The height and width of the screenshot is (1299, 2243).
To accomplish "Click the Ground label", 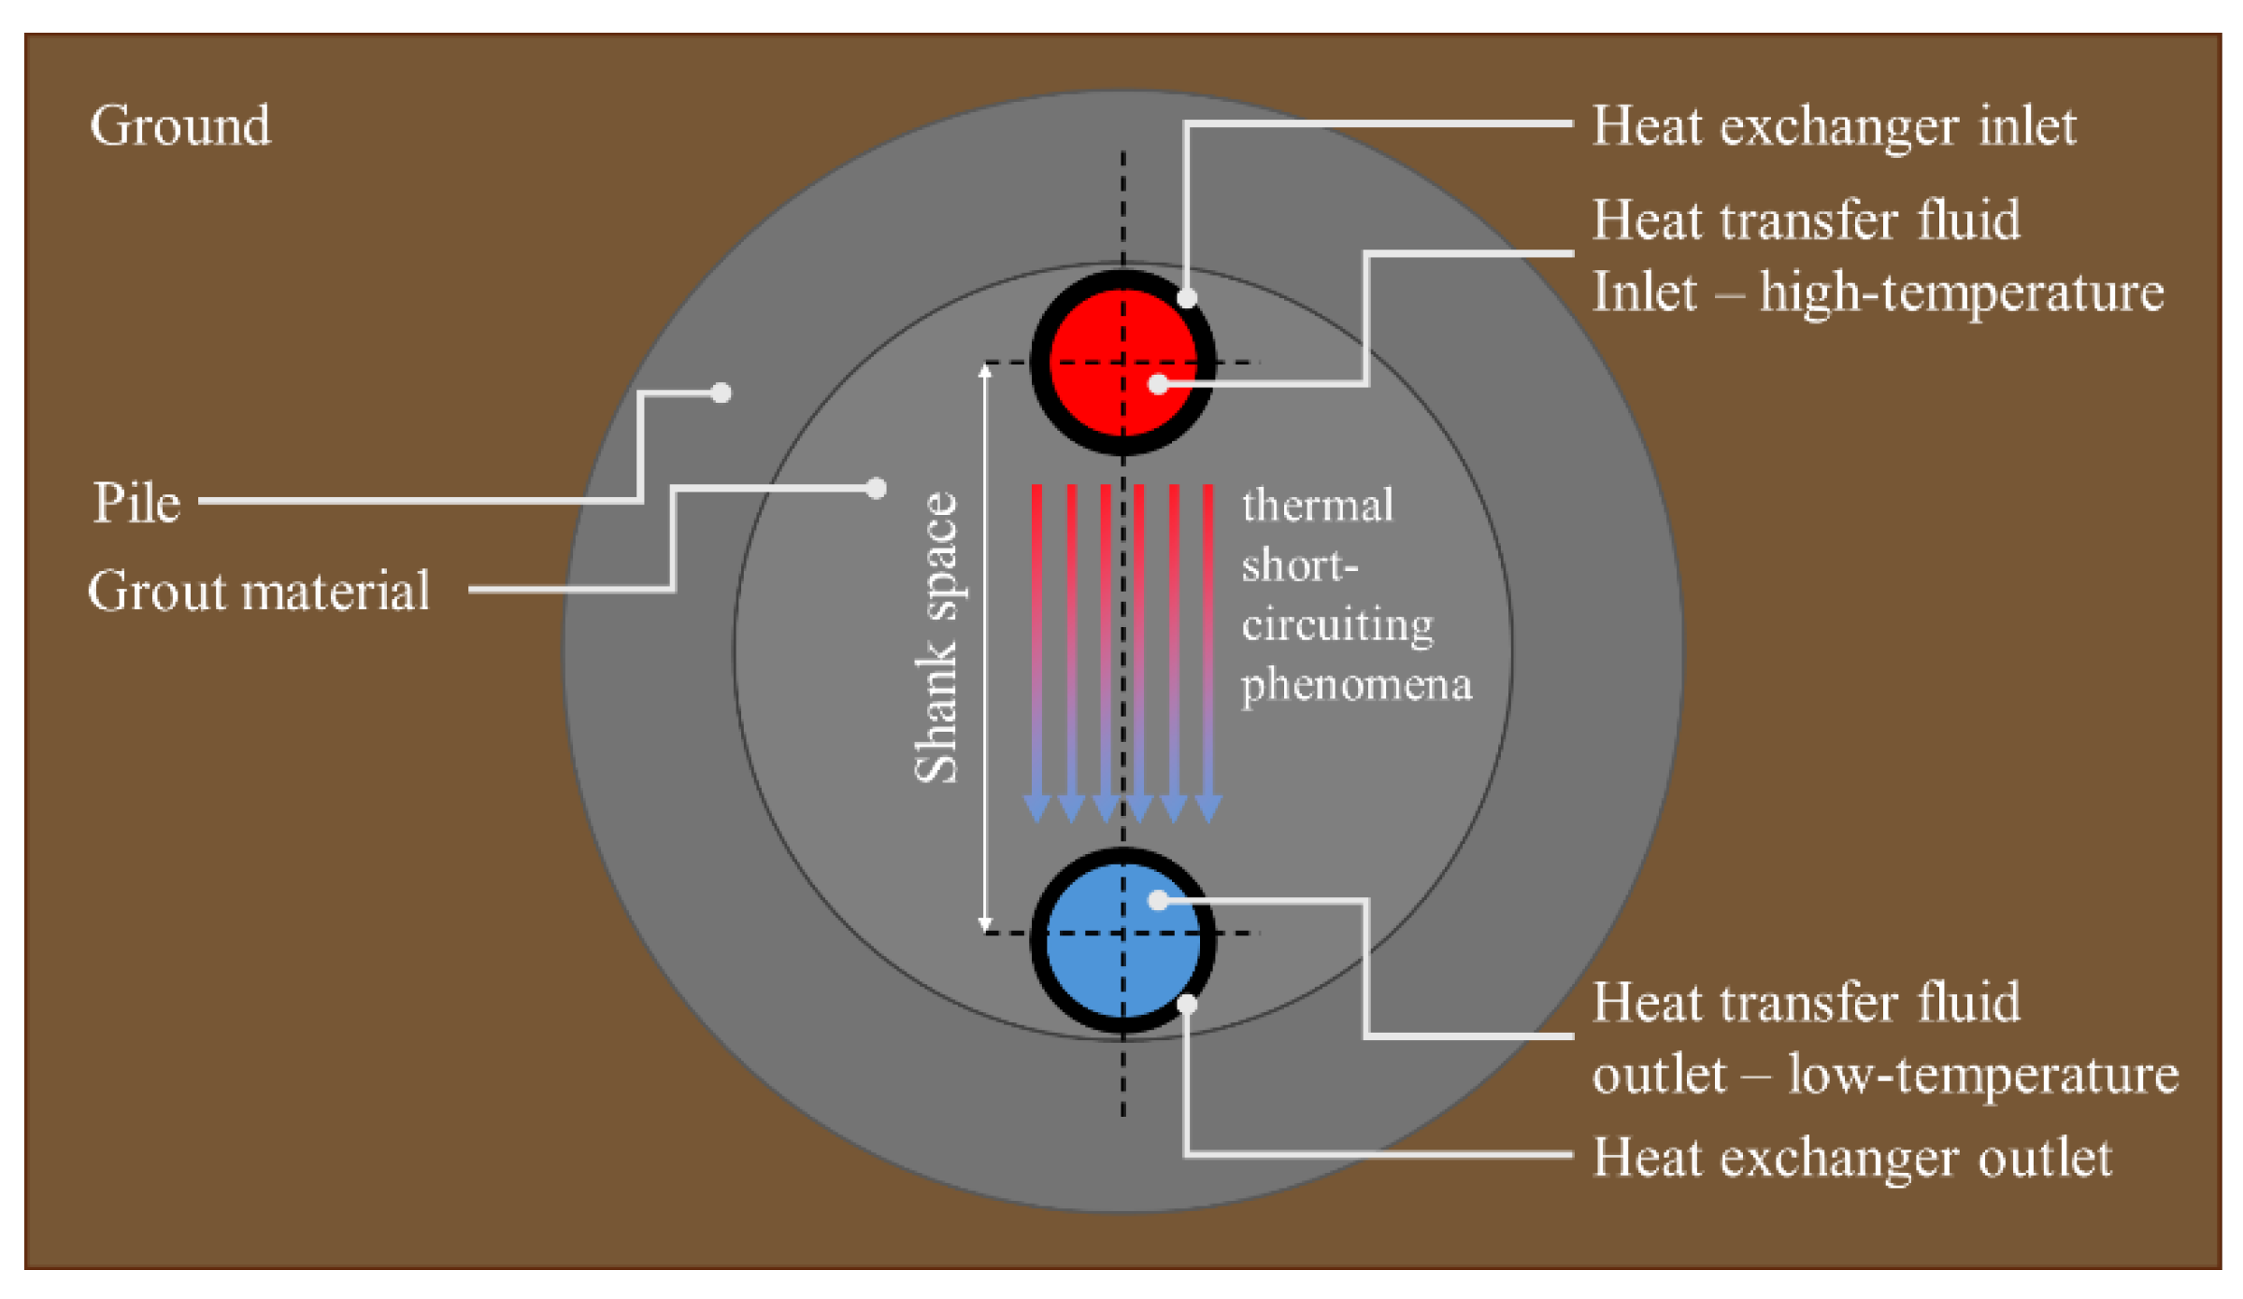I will pyautogui.click(x=180, y=125).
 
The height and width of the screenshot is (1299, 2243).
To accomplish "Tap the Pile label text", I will pyautogui.click(x=136, y=503).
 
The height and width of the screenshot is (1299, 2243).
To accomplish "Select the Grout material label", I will pyautogui.click(x=259, y=591).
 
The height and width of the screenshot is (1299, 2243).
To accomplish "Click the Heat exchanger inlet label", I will pyautogui.click(x=1834, y=125).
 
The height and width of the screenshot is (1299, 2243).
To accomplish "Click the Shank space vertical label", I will pyautogui.click(x=936, y=637).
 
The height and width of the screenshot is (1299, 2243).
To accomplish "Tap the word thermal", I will pyautogui.click(x=1318, y=506).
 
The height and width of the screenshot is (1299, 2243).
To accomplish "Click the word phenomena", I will pyautogui.click(x=1356, y=685).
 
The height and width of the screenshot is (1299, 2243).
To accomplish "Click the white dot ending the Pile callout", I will pyautogui.click(x=721, y=393).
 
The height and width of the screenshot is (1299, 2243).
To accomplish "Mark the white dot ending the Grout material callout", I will pyautogui.click(x=876, y=488).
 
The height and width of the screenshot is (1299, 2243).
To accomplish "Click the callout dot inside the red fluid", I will pyautogui.click(x=1159, y=384).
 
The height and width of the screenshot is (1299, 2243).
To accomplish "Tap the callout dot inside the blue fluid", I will pyautogui.click(x=1159, y=901).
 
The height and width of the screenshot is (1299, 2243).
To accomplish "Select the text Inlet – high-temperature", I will pyautogui.click(x=1878, y=292).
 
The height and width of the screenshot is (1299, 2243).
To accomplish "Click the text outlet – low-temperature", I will pyautogui.click(x=1885, y=1075).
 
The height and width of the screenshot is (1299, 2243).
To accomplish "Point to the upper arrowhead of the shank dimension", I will pyautogui.click(x=985, y=371).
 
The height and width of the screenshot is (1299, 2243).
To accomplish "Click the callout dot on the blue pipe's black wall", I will pyautogui.click(x=1187, y=1005).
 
